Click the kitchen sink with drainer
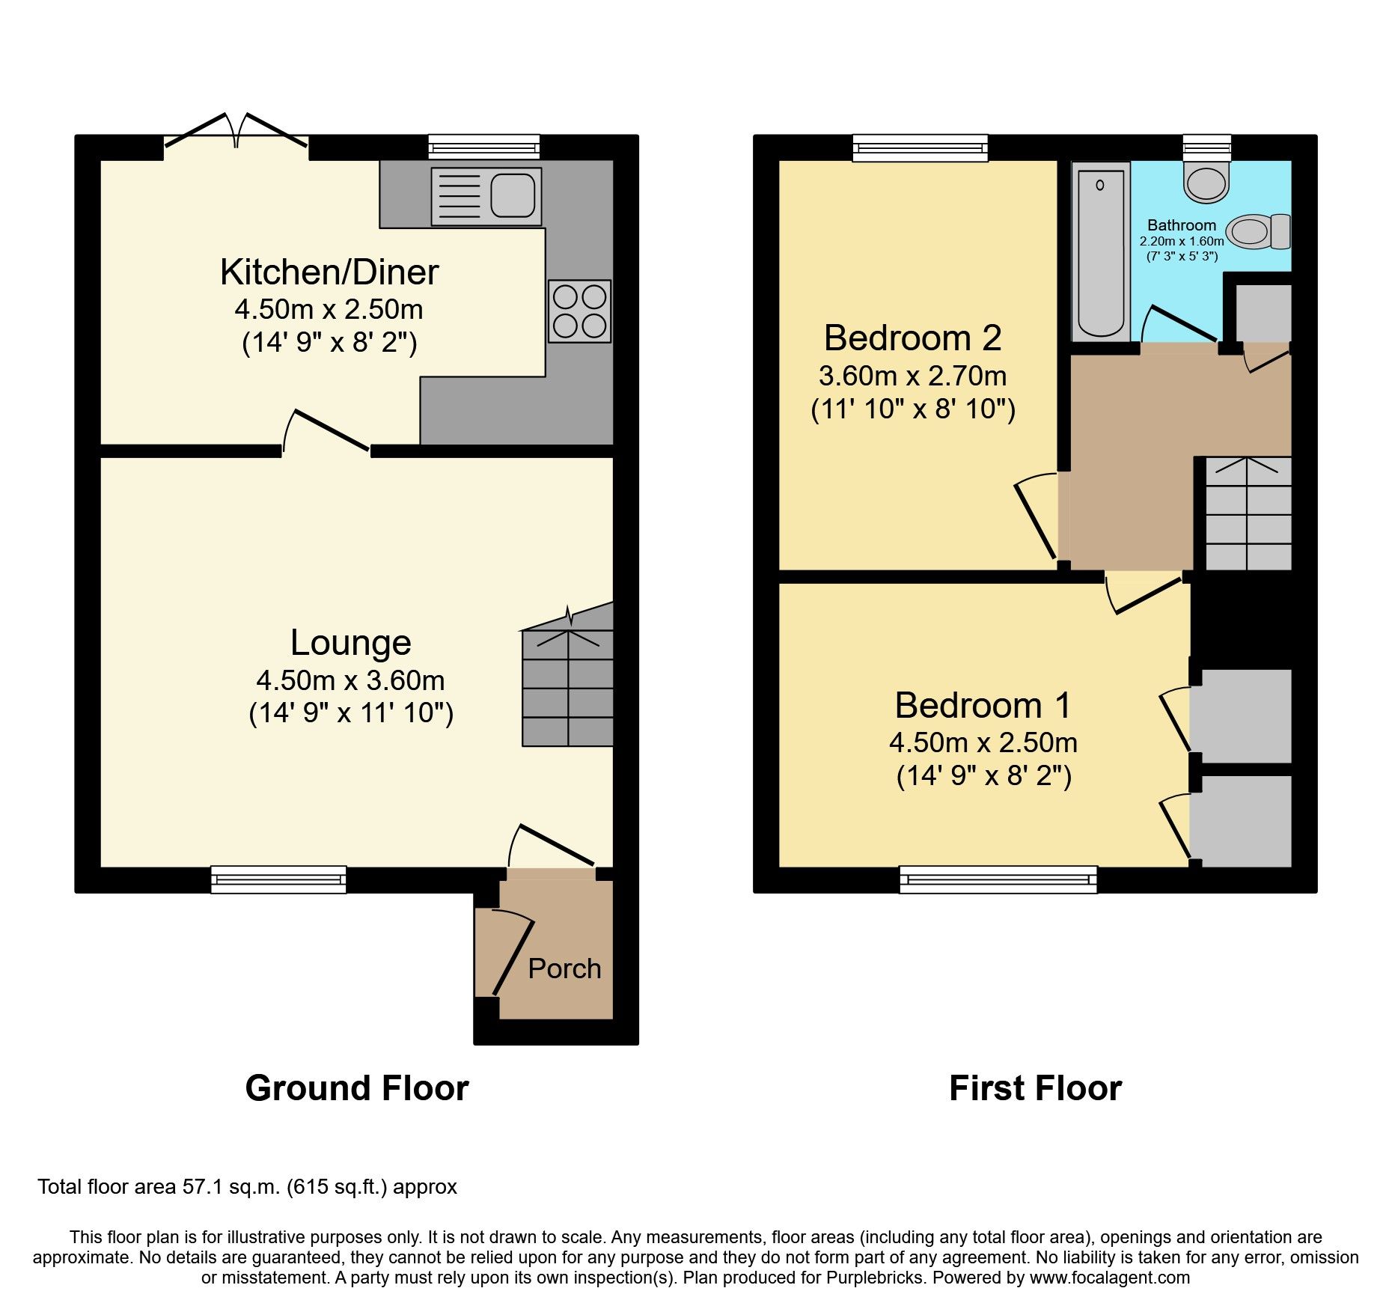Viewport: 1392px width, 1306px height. tap(486, 197)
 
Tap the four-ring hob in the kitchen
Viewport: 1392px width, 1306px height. tap(579, 311)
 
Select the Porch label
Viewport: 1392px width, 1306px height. tap(564, 968)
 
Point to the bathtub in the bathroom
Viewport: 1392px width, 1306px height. tap(1100, 252)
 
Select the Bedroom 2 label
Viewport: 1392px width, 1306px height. tap(912, 338)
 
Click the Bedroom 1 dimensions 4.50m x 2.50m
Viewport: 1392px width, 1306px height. tap(983, 742)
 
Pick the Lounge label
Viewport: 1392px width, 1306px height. tap(350, 643)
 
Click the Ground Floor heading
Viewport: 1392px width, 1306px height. tap(356, 1088)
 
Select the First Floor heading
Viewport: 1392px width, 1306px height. tap(1035, 1088)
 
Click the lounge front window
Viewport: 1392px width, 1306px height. tap(278, 879)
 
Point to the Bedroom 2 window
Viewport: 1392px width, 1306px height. tap(920, 147)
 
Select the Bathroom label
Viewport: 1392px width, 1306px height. tap(1181, 225)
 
